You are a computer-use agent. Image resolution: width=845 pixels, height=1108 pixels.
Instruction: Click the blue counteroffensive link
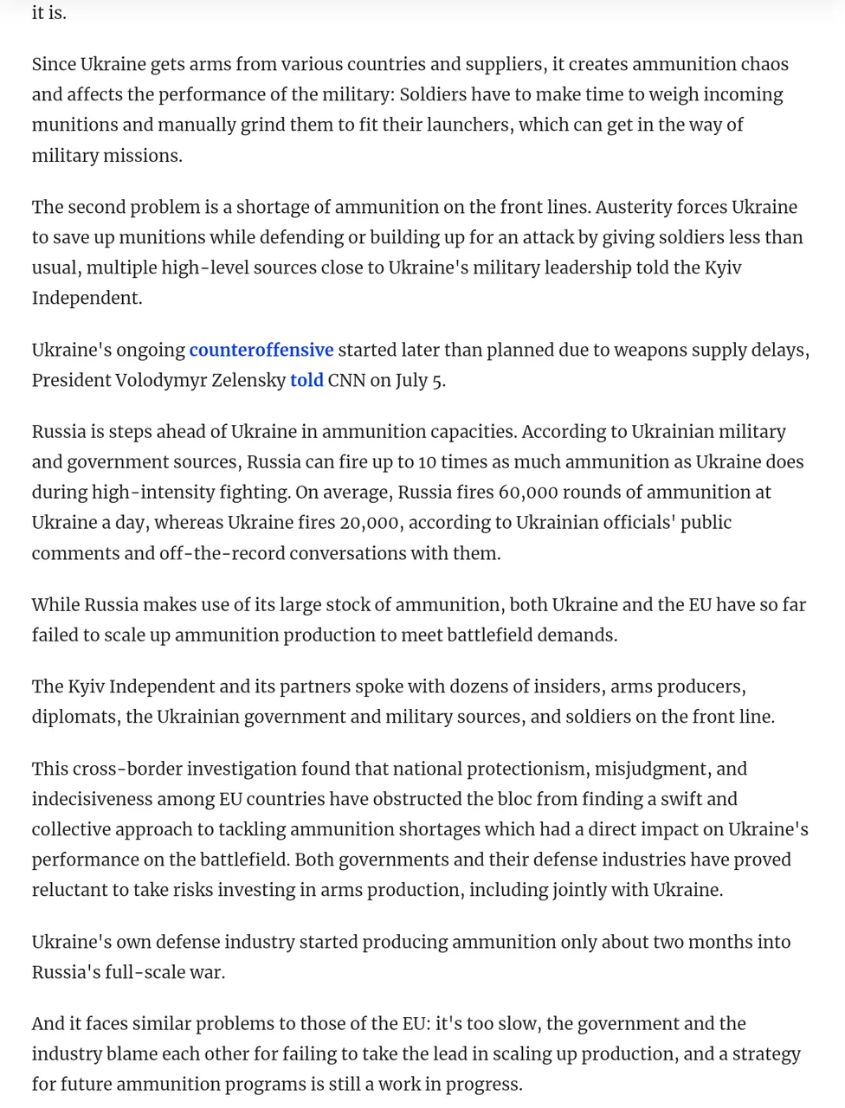[261, 350]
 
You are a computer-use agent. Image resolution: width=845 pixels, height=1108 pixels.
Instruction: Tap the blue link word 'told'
[306, 380]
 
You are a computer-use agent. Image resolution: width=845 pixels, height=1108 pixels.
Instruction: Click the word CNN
[346, 380]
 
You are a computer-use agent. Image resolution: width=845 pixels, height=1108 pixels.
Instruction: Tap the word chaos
[764, 64]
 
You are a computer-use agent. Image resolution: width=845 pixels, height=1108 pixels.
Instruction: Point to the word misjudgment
[660, 769]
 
